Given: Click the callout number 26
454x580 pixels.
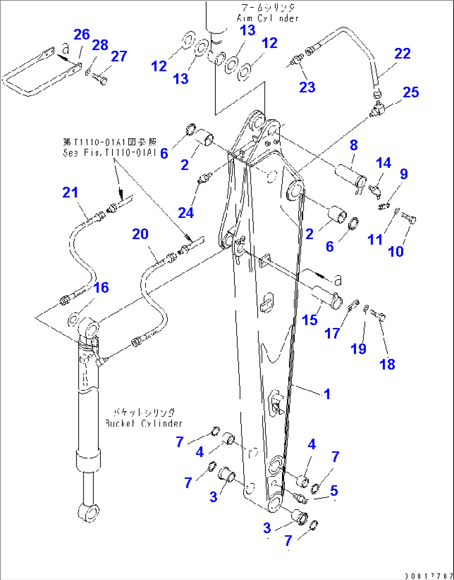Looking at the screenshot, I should click(x=82, y=35).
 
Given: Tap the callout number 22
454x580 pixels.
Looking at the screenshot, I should click(x=402, y=53).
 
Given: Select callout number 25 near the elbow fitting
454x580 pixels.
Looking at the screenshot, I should click(x=411, y=92).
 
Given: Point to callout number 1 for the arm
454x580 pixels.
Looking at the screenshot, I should click(x=327, y=394).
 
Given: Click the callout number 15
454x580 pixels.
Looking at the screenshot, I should click(x=309, y=320).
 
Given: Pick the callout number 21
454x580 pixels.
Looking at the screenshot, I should click(x=70, y=192).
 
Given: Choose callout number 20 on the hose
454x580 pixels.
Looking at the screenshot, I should click(x=140, y=234).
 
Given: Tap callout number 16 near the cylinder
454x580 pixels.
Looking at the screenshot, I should click(x=101, y=287).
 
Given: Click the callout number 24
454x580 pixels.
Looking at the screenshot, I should click(x=186, y=213).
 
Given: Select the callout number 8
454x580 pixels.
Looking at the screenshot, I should click(x=354, y=145).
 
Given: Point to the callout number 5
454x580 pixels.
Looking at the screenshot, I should click(x=334, y=490).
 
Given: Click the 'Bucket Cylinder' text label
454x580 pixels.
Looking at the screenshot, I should click(x=143, y=418).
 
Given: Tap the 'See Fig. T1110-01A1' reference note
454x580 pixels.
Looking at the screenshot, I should click(x=110, y=147).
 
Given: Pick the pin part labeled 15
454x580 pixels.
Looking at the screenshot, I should click(x=327, y=296).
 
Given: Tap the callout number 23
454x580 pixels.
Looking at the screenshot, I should click(x=307, y=87).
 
